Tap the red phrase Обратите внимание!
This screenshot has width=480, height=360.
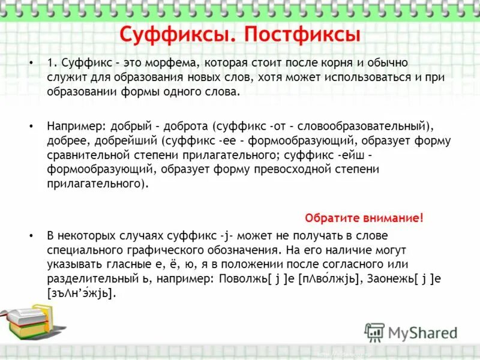364,218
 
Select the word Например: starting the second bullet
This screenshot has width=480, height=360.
74,127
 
